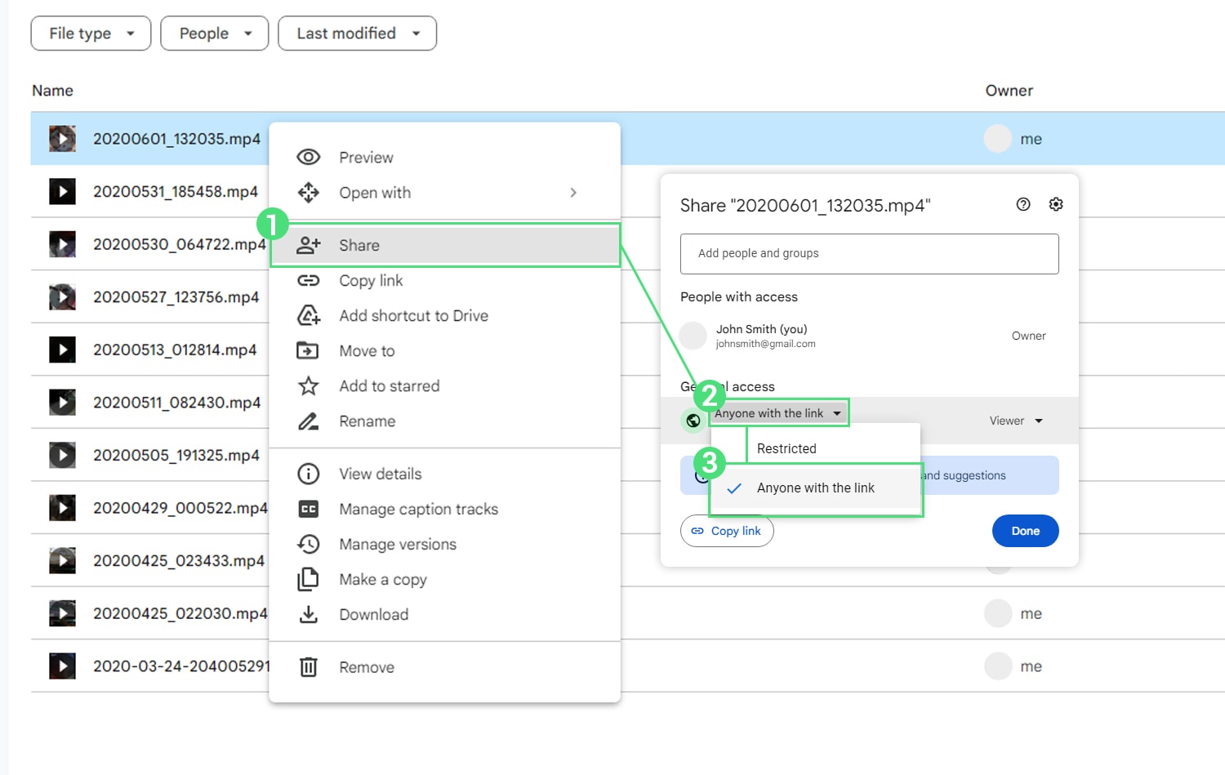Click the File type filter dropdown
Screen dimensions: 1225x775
click(x=91, y=33)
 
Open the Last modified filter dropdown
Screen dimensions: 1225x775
click(x=357, y=33)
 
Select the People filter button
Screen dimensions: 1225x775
click(x=214, y=33)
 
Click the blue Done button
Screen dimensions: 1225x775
click(x=1026, y=531)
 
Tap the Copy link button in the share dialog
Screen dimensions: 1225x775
click(x=727, y=531)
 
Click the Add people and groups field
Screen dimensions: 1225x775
click(x=870, y=254)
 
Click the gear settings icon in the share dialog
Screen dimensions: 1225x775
click(x=1055, y=204)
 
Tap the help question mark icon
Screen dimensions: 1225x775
click(x=1023, y=204)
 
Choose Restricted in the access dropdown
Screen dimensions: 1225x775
click(x=786, y=448)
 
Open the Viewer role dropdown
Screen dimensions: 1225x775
click(x=1016, y=421)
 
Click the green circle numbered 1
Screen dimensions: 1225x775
click(x=272, y=224)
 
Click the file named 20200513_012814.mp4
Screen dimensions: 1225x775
click(x=175, y=350)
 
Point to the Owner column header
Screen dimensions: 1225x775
click(x=1009, y=91)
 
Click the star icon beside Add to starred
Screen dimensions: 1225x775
click(x=309, y=386)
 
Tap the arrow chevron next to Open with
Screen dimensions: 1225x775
click(x=573, y=193)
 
